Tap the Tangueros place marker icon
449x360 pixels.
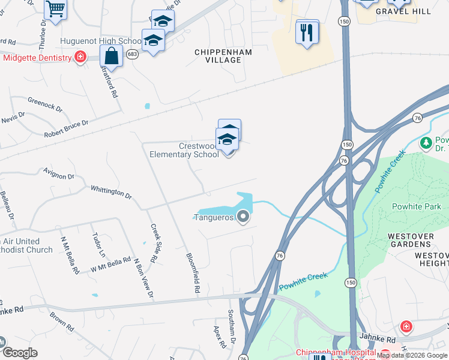coord(243,217)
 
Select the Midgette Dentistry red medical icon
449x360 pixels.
coord(80,58)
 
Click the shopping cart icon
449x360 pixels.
coord(55,9)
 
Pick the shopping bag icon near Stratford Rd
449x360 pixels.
coord(112,57)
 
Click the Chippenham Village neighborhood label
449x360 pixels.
coord(223,56)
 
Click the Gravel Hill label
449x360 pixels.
coord(395,11)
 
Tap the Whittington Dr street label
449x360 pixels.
coord(111,191)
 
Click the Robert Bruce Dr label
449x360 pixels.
coord(66,127)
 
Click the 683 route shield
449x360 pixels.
coord(133,54)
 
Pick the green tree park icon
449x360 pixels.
coord(426,143)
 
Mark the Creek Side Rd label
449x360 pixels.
coord(154,243)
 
